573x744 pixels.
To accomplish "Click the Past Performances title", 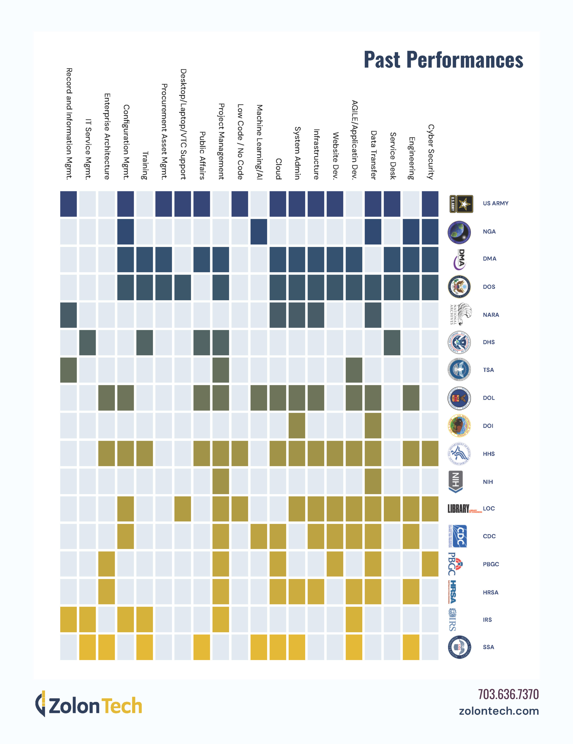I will click(x=443, y=60).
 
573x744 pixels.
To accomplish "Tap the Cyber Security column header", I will click(x=430, y=152).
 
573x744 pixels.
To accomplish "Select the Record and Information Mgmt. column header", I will click(x=69, y=124).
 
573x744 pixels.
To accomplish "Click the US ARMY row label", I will click(x=495, y=203).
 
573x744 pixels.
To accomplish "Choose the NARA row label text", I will click(x=490, y=315).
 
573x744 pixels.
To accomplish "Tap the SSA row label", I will click(x=488, y=647).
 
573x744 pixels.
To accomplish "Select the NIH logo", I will click(x=456, y=482).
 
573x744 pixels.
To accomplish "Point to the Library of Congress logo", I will click(x=464, y=509).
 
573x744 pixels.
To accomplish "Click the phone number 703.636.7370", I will click(x=508, y=694).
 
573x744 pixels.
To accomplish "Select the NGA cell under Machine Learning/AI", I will click(x=259, y=232).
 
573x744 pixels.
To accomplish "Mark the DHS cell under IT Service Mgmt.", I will click(x=88, y=342).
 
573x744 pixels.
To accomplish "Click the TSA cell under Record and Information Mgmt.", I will click(x=69, y=370).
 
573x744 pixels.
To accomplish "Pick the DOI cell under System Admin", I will click(x=297, y=425).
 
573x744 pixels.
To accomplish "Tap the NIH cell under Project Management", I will click(x=221, y=481).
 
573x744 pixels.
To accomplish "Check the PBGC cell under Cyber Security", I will click(x=430, y=564).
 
